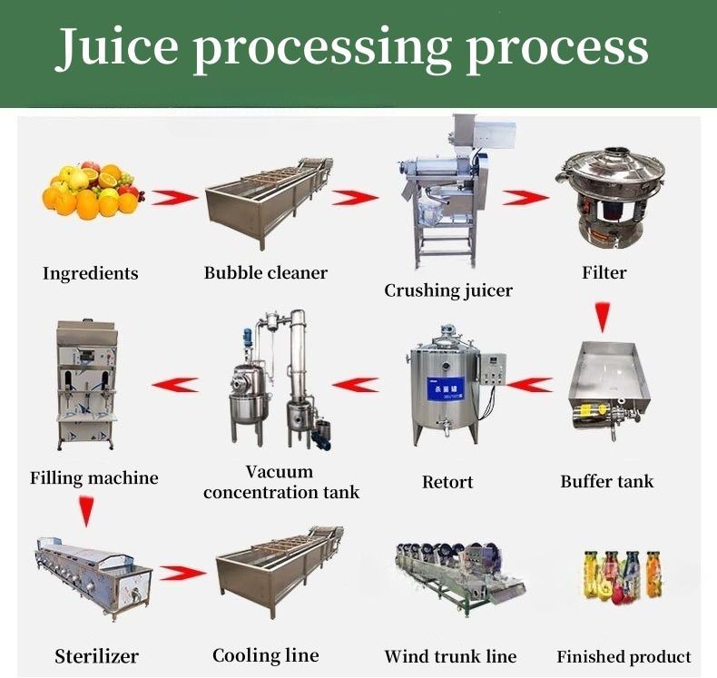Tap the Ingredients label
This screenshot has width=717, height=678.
point(91,273)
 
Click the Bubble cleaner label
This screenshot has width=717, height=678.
point(266,272)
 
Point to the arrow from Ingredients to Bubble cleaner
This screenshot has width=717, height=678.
point(175,197)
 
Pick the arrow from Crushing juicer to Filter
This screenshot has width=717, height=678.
point(526,197)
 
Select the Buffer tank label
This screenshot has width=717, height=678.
point(607,481)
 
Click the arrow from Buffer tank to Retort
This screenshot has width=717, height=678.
point(529,385)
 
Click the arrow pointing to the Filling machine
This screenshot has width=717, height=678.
point(175,385)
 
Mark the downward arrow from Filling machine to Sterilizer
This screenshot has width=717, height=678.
point(85,513)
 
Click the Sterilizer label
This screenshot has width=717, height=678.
point(96,655)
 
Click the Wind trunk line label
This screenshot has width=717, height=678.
point(450,656)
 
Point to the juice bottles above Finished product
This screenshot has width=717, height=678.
point(624,577)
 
